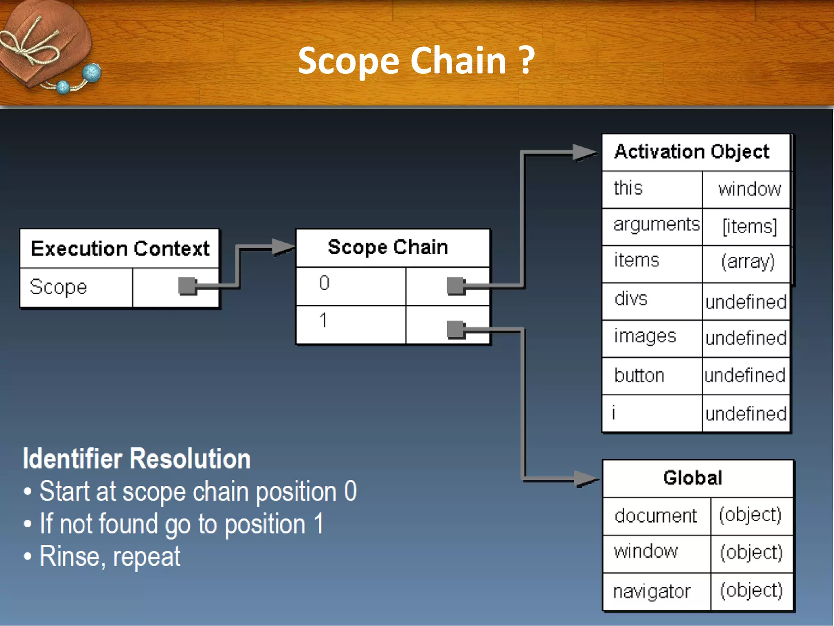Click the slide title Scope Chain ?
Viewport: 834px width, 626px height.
coord(416,61)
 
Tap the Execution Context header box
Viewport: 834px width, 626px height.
coord(120,249)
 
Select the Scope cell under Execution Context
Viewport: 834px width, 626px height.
coord(76,287)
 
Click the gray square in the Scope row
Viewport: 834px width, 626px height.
coord(187,286)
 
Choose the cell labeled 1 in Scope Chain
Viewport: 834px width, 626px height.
coord(350,323)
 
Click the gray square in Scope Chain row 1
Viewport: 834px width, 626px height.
coord(455,329)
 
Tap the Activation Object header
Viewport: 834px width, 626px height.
coord(692,152)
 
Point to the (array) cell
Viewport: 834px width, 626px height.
coord(748,262)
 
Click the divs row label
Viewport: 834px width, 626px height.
coord(631,300)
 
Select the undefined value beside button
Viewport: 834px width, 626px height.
coord(745,375)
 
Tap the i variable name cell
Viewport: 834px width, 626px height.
coord(652,413)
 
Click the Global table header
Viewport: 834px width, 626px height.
coord(692,478)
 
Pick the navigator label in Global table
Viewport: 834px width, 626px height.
coord(652,591)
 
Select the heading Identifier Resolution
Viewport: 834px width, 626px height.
coord(136,459)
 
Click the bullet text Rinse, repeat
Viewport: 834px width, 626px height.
coord(110,557)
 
